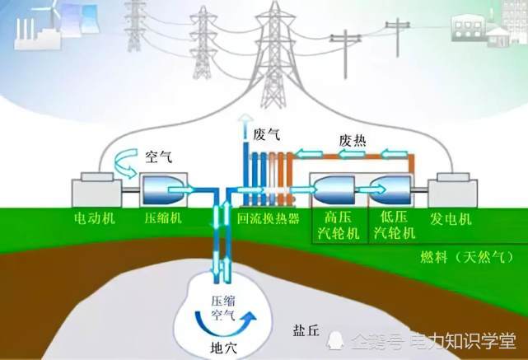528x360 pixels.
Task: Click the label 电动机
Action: [95, 218]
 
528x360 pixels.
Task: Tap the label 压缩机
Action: [163, 218]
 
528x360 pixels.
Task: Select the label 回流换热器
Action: [268, 219]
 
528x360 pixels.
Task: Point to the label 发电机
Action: [451, 219]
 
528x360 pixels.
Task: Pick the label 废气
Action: [267, 135]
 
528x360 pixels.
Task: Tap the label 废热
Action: [353, 141]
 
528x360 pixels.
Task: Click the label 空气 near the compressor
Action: [159, 157]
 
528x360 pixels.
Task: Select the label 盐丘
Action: [306, 331]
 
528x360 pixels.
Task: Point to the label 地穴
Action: [223, 347]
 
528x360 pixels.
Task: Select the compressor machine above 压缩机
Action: [163, 190]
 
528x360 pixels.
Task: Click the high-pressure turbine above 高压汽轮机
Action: [334, 190]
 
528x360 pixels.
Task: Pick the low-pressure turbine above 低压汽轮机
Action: [390, 190]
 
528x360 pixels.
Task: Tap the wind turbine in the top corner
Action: [51, 11]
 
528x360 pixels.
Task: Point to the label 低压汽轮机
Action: [395, 225]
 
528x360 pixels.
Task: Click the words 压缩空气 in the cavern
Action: [223, 307]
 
